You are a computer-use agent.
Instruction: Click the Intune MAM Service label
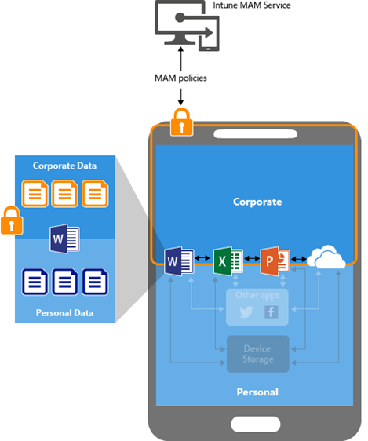click(252, 5)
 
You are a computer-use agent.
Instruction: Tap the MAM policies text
click(180, 78)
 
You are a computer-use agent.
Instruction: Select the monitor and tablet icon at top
click(187, 26)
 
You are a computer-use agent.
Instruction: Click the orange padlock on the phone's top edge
click(181, 122)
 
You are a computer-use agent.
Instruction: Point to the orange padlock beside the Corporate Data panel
click(12, 220)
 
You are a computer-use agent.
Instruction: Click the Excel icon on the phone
click(228, 261)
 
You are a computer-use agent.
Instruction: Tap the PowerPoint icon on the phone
click(275, 261)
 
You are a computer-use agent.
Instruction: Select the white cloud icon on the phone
click(326, 257)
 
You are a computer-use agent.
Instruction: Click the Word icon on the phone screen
click(179, 261)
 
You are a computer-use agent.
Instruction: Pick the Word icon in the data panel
click(64, 239)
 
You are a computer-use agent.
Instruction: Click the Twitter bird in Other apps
click(246, 312)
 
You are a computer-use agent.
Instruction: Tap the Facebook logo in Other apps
click(271, 312)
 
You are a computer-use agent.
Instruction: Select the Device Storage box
click(258, 354)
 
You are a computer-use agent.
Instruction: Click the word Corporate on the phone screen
click(257, 202)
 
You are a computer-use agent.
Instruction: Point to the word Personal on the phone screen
click(257, 392)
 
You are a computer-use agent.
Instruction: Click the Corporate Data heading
click(64, 166)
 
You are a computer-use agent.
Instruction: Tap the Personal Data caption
click(64, 313)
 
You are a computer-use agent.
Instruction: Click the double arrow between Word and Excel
click(202, 257)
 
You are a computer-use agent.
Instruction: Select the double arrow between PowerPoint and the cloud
click(299, 259)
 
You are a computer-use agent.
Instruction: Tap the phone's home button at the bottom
click(256, 424)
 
